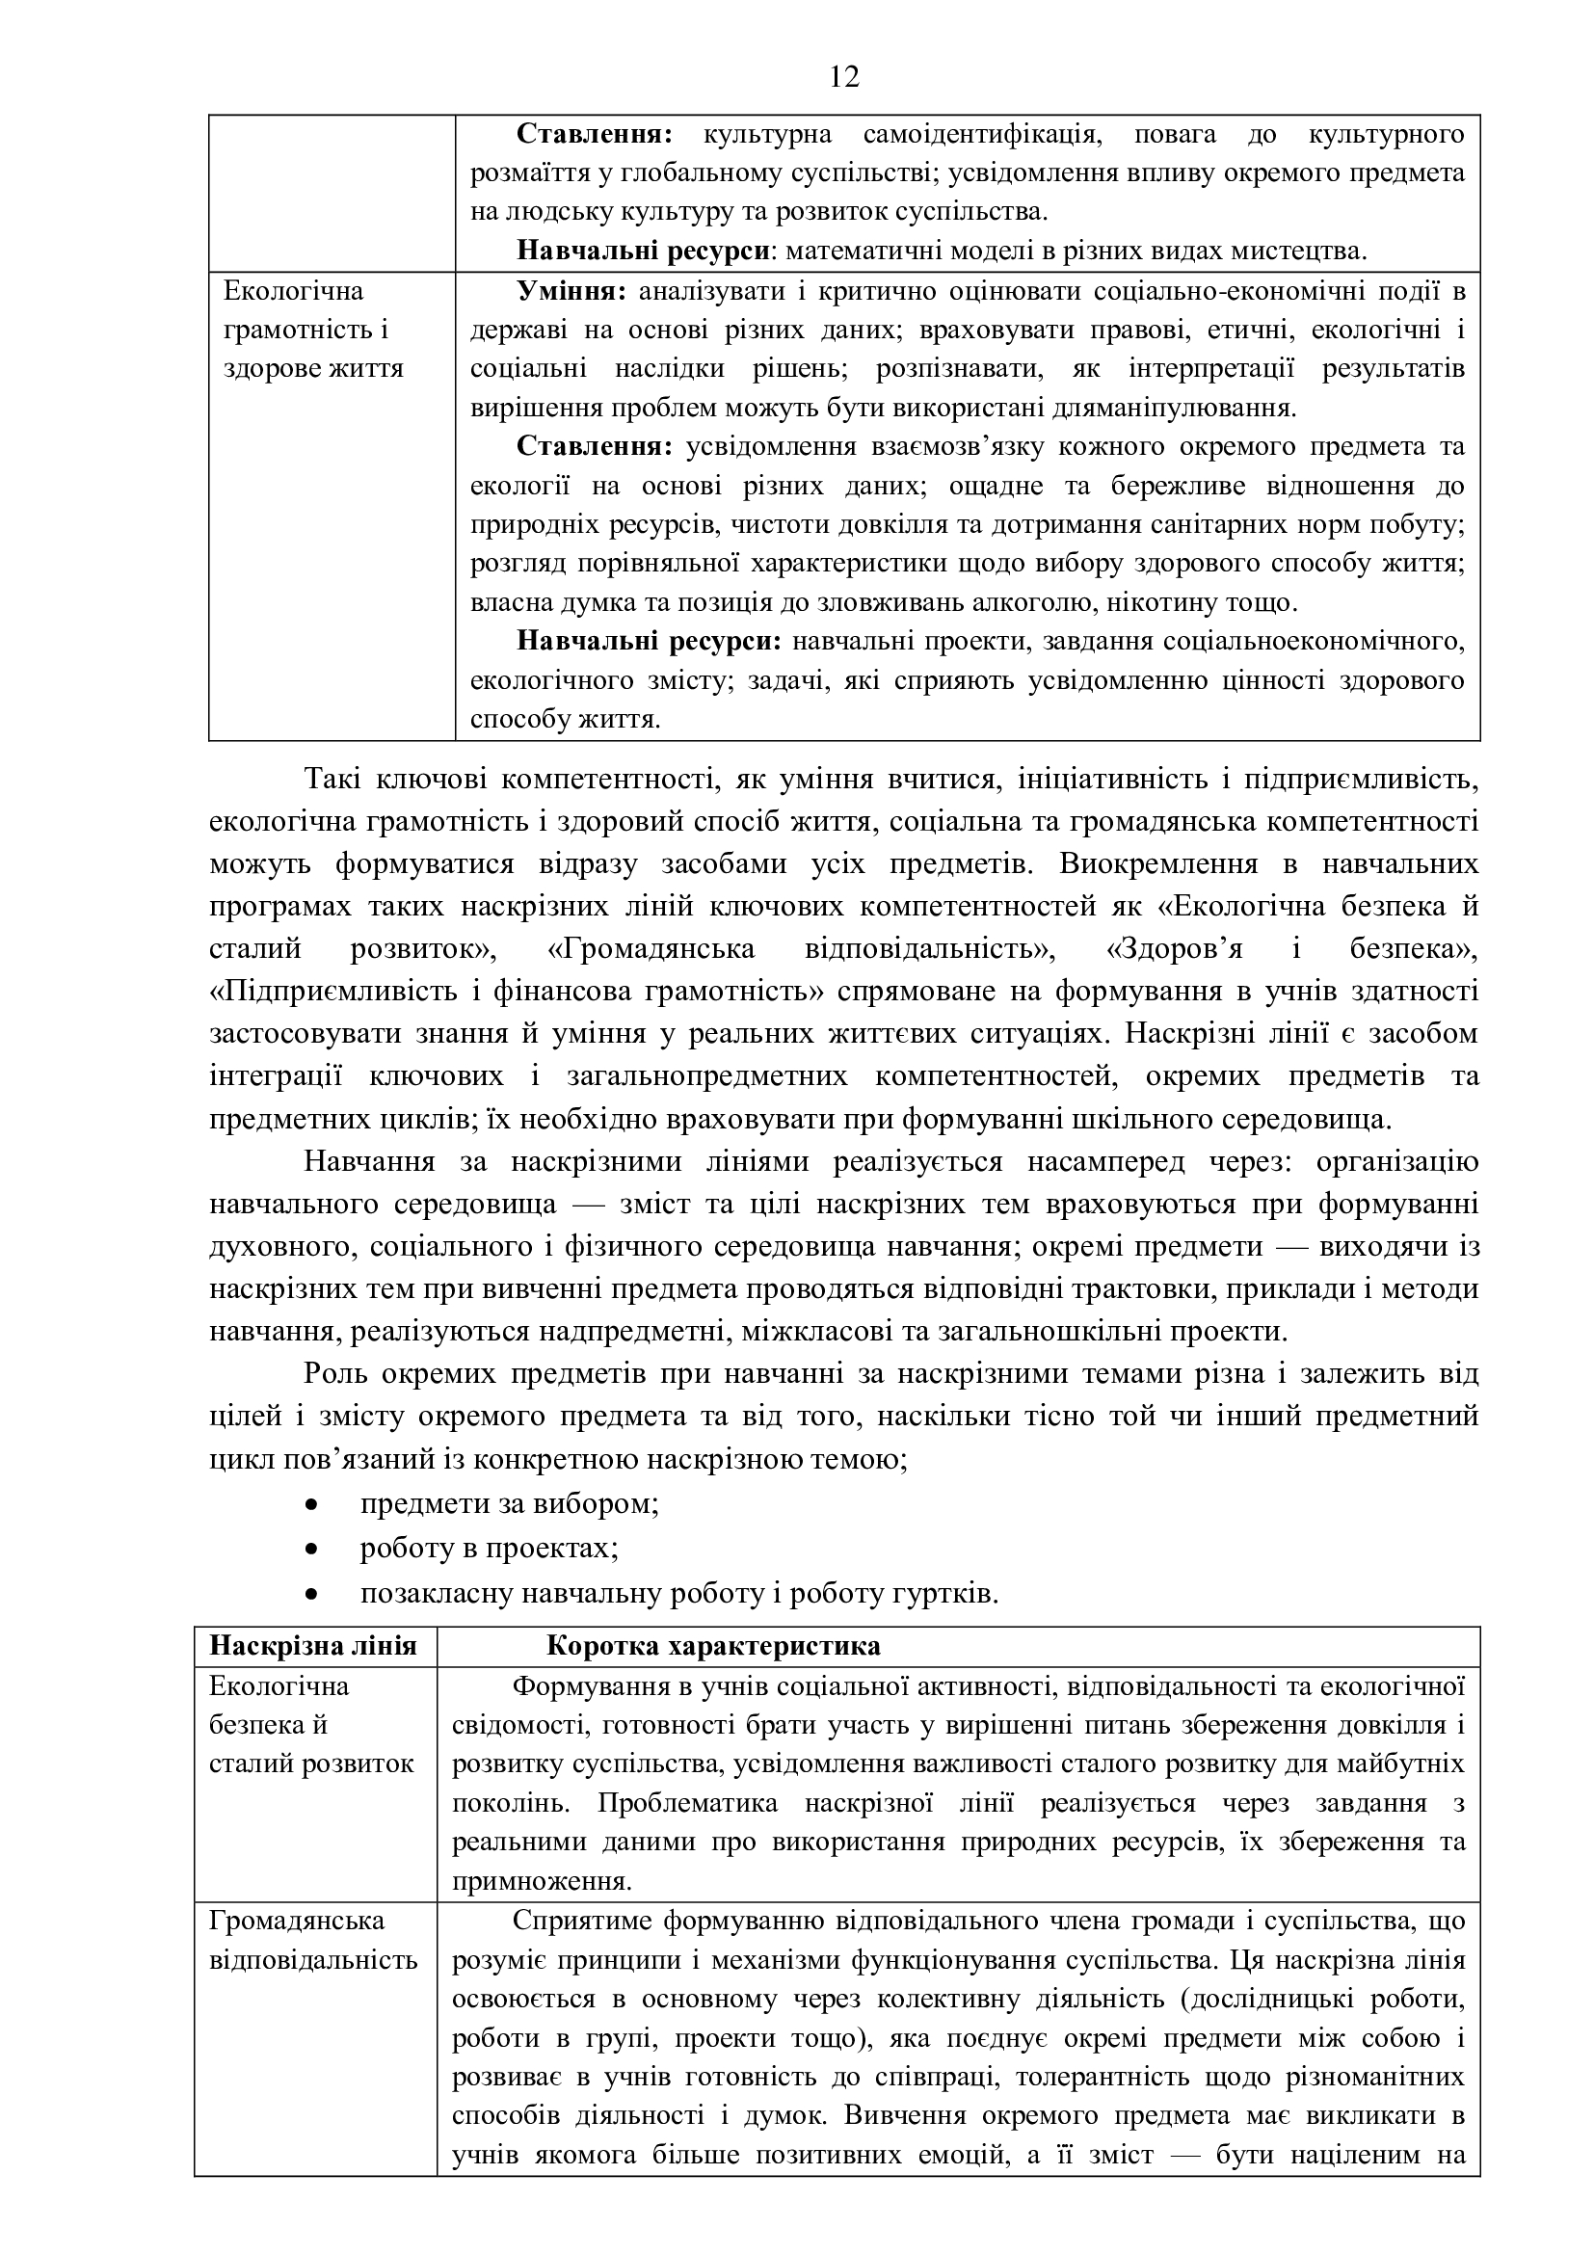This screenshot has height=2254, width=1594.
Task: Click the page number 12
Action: pos(844,76)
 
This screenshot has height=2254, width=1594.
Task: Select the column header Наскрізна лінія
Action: pos(313,1646)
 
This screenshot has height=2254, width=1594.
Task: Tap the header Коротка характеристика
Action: pos(712,1646)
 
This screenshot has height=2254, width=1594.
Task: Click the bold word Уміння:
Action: pos(571,292)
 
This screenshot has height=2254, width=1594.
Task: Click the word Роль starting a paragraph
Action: pos(332,1373)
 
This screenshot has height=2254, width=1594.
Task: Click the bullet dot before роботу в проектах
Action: pos(312,1550)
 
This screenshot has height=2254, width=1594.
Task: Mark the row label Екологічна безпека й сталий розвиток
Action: pos(311,1725)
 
